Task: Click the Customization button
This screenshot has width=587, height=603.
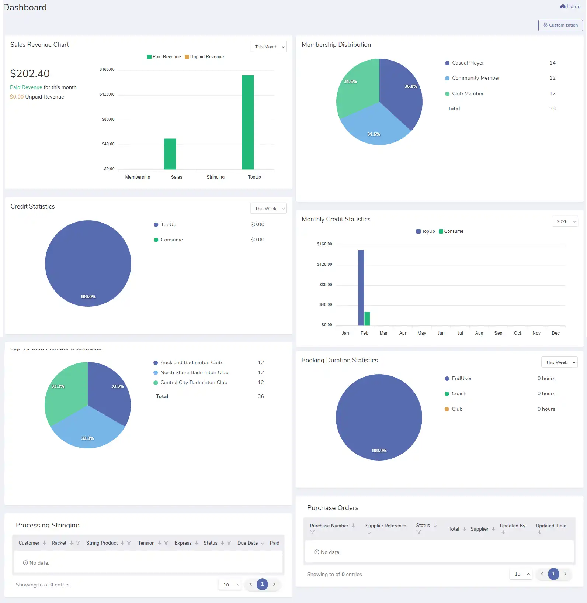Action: coord(560,25)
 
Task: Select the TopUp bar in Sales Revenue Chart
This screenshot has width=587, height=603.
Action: coord(247,122)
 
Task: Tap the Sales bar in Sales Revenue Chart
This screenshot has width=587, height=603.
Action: coord(170,154)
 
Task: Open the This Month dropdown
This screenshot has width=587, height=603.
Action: coord(268,47)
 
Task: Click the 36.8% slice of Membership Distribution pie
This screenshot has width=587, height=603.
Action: coord(402,92)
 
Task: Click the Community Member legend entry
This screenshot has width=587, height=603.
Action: coord(475,78)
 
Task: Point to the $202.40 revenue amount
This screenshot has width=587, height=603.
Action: coord(30,74)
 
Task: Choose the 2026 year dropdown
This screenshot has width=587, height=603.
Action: coord(565,221)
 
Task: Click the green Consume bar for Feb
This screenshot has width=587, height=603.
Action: coord(367,319)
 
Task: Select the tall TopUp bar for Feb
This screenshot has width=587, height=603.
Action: coord(361,288)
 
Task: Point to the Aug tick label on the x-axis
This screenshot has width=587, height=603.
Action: coord(479,333)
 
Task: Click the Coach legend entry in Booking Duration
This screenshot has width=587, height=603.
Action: coord(459,394)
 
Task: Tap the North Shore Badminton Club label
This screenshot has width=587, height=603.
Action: coord(194,372)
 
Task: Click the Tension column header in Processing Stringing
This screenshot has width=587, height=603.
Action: coord(146,543)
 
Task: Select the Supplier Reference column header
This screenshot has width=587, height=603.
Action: coord(385,526)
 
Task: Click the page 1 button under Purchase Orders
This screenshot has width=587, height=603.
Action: coord(553,574)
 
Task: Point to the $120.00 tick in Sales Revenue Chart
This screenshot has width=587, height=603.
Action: coord(107,94)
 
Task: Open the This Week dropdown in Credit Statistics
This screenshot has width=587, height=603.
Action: coord(268,209)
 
